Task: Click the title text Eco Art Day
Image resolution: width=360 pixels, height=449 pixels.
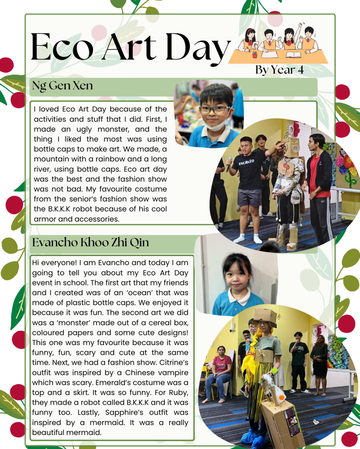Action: pyautogui.click(x=130, y=47)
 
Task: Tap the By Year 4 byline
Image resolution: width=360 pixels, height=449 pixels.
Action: pyautogui.click(x=279, y=70)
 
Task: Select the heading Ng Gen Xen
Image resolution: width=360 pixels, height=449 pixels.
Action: pyautogui.click(x=62, y=86)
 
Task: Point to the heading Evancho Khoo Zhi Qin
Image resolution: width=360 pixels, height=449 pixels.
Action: pyautogui.click(x=91, y=242)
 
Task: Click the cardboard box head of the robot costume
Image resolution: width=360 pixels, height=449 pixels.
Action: pyautogui.click(x=292, y=147)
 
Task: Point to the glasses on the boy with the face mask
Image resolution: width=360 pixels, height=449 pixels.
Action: pyautogui.click(x=214, y=110)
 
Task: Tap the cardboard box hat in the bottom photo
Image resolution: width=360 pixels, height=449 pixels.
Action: pyautogui.click(x=265, y=316)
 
